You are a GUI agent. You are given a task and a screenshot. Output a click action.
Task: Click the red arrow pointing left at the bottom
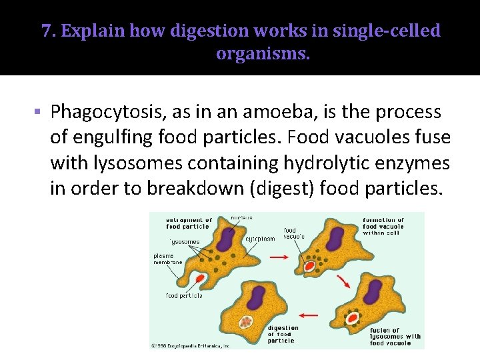point(309,314)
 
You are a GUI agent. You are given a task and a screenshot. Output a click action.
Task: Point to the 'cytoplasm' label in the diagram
point(260,238)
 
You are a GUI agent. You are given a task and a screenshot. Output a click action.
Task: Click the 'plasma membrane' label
point(167,259)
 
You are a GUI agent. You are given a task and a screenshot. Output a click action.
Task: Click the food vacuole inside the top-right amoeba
point(309,267)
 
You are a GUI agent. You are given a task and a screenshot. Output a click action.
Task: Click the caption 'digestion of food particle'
point(283,334)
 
